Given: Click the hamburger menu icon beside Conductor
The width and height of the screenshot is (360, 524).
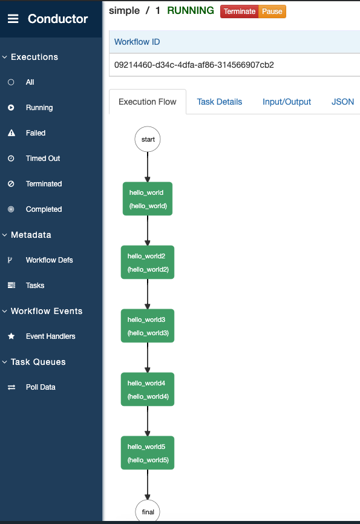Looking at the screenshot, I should click(13, 19).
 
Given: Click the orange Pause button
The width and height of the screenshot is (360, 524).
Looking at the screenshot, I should click(272, 11).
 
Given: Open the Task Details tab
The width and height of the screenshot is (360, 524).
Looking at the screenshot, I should click(219, 102).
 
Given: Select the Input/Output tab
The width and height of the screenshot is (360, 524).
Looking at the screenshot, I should click(287, 102).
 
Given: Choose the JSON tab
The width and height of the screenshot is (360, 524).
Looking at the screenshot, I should click(342, 102).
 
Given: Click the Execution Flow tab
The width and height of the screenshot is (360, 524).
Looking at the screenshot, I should click(148, 102).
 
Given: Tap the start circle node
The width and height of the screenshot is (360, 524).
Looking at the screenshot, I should click(148, 139).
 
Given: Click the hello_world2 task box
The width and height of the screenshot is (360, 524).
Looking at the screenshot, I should click(148, 263).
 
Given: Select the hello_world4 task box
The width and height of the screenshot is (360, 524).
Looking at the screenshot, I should click(148, 390).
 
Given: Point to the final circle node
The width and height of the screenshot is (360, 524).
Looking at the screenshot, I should click(148, 511).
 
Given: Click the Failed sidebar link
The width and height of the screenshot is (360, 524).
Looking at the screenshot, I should click(35, 133).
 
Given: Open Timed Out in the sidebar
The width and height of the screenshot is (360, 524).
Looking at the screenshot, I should click(42, 159).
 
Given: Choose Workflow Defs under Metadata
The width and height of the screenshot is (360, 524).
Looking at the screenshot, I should click(49, 260).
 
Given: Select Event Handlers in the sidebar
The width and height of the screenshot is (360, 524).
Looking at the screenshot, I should click(50, 336).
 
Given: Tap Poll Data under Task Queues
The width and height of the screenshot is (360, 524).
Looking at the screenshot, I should click(41, 387).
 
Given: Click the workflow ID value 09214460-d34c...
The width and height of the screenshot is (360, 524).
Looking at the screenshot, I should click(194, 65).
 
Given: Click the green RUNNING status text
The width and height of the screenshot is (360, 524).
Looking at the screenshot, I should click(190, 11).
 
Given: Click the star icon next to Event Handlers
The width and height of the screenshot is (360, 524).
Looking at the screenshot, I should click(11, 336).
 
